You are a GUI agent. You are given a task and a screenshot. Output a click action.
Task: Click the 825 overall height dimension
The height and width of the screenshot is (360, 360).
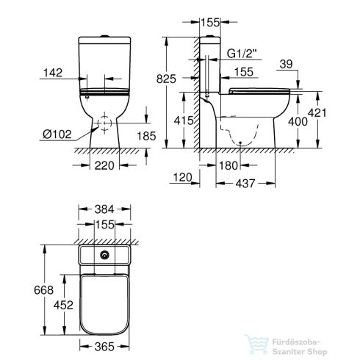click(x=168, y=79)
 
